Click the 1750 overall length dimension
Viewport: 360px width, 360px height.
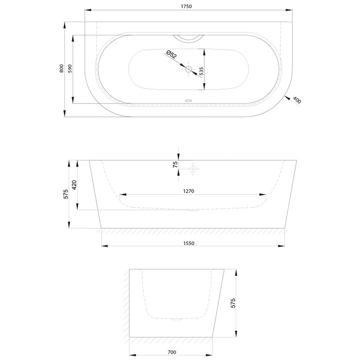(x=186, y=6)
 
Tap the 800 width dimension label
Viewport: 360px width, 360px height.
(x=61, y=68)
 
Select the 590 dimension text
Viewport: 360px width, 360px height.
(x=70, y=69)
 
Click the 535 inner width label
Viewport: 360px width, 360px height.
(x=201, y=71)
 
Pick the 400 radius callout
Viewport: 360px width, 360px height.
(x=297, y=100)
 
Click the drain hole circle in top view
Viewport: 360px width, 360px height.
(x=189, y=69)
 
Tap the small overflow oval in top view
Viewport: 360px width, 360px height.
(x=189, y=100)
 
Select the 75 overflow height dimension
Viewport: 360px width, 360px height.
(x=175, y=165)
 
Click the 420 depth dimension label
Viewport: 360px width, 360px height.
(x=75, y=185)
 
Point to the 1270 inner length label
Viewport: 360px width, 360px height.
(x=189, y=191)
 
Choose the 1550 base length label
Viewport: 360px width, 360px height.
(x=189, y=243)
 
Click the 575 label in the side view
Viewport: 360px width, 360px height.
(x=66, y=194)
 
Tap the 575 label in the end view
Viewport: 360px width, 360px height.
(x=233, y=303)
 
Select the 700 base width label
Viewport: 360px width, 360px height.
(x=172, y=352)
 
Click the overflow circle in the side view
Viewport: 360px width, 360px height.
(x=192, y=169)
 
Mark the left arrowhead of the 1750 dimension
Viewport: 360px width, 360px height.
(x=89, y=10)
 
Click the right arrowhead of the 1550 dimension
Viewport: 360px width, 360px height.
(x=281, y=246)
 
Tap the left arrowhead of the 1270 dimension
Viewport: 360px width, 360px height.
(x=123, y=195)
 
